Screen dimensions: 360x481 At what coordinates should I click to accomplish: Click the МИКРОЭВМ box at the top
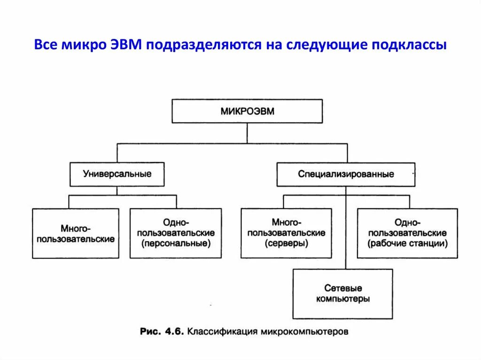(247, 111)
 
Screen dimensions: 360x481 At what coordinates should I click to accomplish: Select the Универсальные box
(117, 174)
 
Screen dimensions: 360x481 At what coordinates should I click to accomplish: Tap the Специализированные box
(346, 174)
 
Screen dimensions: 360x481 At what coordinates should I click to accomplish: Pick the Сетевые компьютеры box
(342, 294)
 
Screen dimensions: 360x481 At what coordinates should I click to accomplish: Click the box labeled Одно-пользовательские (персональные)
(176, 233)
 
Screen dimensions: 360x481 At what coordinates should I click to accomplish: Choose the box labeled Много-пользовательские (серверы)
(286, 233)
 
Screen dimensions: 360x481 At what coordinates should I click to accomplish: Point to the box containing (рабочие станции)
(407, 233)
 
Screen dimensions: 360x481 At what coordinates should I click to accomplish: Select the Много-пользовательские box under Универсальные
(76, 233)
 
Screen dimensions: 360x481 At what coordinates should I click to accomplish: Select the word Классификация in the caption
(219, 332)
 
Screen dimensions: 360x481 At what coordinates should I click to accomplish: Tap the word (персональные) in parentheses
(176, 244)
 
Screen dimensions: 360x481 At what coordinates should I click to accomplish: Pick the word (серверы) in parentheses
(286, 244)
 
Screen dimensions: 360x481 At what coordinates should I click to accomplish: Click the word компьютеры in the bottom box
(342, 299)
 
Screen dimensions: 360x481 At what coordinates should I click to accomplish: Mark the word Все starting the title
(47, 46)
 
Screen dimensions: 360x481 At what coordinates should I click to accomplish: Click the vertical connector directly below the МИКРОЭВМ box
(247, 133)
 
